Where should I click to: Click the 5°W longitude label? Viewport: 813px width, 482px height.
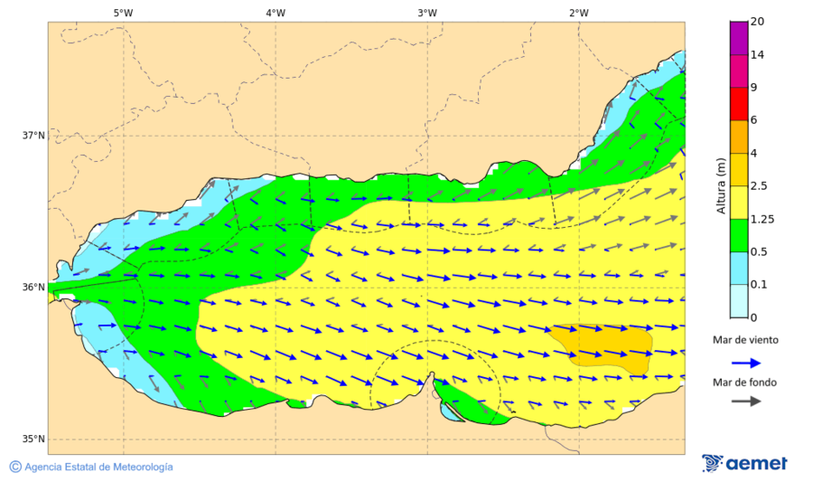(x=124, y=13)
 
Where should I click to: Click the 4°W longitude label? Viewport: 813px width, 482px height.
(x=276, y=13)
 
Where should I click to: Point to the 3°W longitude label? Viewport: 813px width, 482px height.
(x=427, y=13)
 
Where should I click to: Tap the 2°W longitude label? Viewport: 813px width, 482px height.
(x=579, y=13)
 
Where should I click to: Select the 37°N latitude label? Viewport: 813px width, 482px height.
(x=33, y=136)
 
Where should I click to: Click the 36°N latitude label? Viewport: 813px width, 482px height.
(x=33, y=288)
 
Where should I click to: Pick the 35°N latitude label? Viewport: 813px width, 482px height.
(x=33, y=439)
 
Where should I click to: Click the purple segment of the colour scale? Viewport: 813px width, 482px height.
(x=738, y=39)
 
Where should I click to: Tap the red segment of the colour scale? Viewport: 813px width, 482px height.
(x=738, y=104)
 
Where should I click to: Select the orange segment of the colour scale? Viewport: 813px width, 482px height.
(x=738, y=137)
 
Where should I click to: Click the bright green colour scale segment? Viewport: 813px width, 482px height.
(x=738, y=235)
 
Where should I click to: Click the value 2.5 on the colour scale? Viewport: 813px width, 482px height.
(x=759, y=186)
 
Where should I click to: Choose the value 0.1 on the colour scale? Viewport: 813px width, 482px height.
(x=759, y=284)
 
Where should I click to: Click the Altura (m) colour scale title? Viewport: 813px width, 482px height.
(x=721, y=185)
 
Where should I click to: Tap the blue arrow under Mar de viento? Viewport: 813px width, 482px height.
(x=744, y=362)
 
